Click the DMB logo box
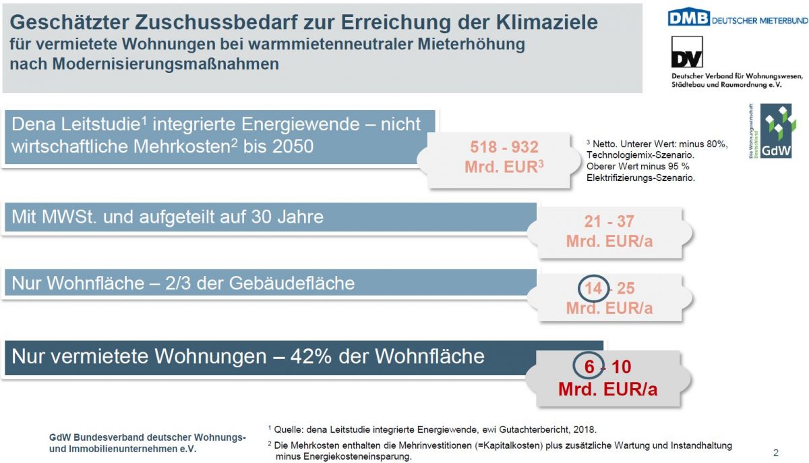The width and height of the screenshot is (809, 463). [688, 17]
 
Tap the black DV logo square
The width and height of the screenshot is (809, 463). [687, 52]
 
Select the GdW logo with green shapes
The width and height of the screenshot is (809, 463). [776, 131]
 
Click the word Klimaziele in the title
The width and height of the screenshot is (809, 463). [547, 22]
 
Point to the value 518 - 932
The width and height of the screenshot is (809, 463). [504, 147]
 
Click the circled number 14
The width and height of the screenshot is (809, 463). [593, 288]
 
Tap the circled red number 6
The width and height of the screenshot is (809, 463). [589, 367]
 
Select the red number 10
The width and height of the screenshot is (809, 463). [621, 367]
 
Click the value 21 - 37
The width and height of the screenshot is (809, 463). [609, 221]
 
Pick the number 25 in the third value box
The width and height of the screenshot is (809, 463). [626, 288]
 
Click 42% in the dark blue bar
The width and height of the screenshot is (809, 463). [311, 356]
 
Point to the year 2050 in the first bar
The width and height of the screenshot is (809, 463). [293, 146]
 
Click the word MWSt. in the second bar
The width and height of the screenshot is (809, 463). [69, 217]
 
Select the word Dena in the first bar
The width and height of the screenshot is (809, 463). [34, 124]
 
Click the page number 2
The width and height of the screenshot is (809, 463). [776, 452]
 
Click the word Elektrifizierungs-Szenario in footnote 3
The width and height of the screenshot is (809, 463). [640, 178]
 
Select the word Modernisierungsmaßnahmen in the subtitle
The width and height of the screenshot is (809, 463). [166, 64]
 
